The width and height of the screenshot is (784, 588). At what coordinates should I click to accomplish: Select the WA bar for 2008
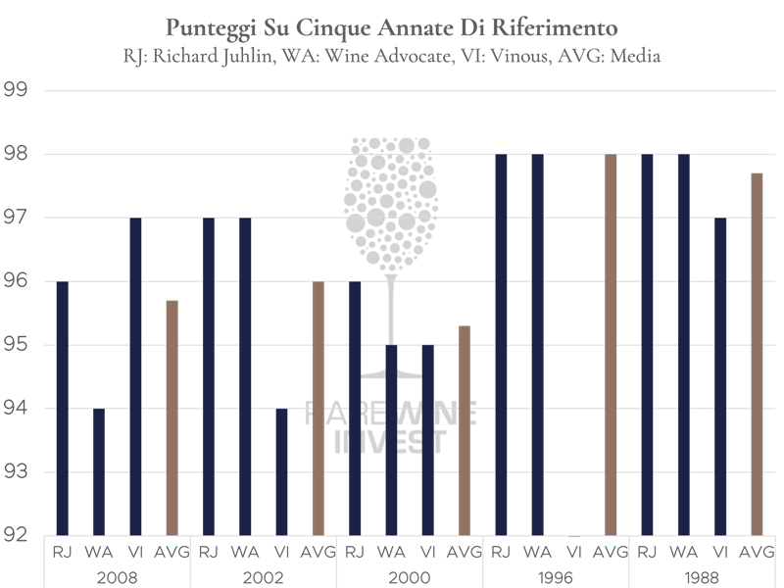(98, 471)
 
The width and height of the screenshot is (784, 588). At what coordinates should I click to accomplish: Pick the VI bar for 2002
(281, 471)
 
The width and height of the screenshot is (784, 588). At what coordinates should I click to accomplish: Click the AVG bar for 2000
(464, 430)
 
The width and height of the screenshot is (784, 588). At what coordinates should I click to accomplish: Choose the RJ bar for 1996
(501, 344)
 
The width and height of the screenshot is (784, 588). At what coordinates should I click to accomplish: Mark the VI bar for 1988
(720, 376)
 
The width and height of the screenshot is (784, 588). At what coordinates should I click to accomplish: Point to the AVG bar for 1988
(757, 354)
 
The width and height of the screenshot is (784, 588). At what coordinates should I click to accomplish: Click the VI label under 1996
(574, 553)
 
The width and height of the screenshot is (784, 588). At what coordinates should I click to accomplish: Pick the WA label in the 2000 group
(391, 553)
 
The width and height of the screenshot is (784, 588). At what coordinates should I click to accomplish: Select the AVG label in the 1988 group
(757, 553)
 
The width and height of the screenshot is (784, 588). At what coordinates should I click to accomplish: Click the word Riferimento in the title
(562, 24)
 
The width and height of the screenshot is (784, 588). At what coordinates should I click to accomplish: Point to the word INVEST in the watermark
(392, 442)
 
